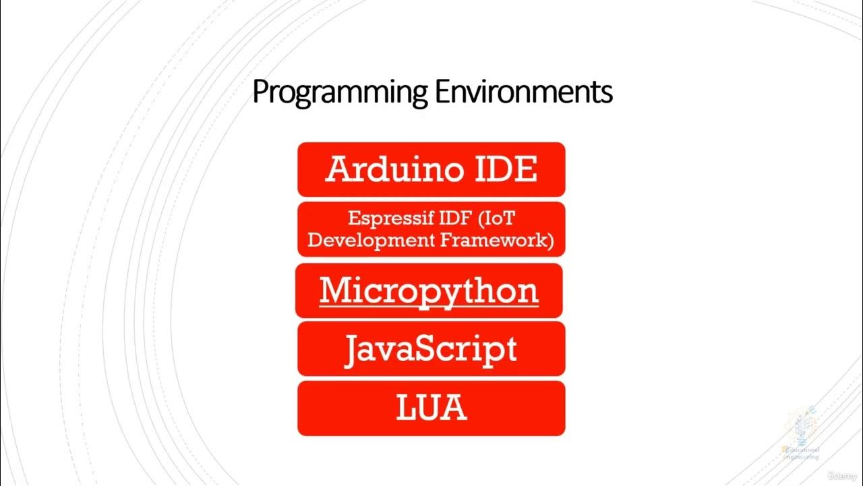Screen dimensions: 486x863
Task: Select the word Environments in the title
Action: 523,92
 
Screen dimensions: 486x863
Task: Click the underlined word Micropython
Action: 429,291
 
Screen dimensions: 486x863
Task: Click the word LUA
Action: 431,408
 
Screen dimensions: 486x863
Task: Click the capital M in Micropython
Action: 335,290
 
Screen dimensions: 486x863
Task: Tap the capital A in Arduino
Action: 339,169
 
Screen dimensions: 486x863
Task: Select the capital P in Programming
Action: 260,92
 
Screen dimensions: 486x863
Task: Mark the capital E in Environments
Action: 442,92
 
